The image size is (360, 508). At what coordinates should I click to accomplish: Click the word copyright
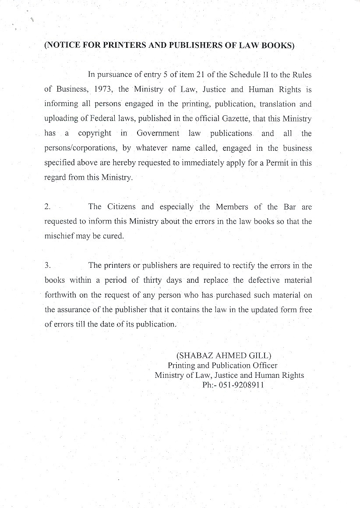coord(94,133)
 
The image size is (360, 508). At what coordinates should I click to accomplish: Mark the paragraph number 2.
coord(47,207)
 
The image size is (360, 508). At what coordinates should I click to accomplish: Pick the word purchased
coord(247,295)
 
